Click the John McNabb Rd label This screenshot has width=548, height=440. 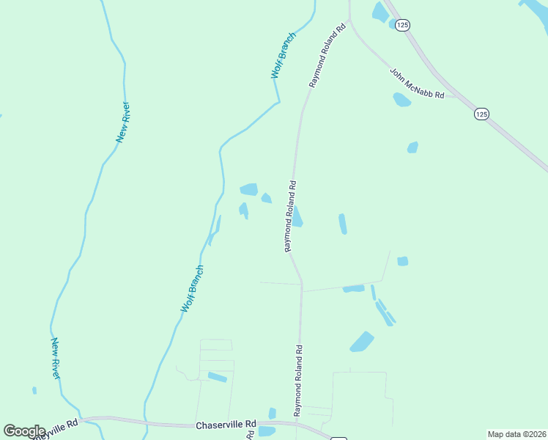click(x=417, y=84)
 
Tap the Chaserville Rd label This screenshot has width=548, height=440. click(x=226, y=425)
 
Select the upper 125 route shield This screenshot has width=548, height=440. click(x=401, y=25)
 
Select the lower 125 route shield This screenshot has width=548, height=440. click(x=481, y=114)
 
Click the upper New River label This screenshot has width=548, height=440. click(x=123, y=121)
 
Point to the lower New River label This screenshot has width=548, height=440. click(x=55, y=358)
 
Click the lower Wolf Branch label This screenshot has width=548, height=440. click(x=192, y=289)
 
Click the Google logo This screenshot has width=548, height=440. click(x=24, y=431)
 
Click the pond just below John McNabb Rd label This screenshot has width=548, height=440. click(x=401, y=99)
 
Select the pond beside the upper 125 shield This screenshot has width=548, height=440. click(x=380, y=12)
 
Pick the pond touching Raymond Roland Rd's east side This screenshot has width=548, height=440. click(x=298, y=217)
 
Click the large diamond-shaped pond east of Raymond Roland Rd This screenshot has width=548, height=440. click(x=361, y=341)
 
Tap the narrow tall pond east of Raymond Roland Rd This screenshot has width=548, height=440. click(x=342, y=224)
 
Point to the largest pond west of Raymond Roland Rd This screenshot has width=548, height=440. click(x=249, y=189)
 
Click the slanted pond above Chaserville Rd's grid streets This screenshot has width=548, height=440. click(x=217, y=377)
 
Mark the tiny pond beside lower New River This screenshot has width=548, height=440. click(x=34, y=390)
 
